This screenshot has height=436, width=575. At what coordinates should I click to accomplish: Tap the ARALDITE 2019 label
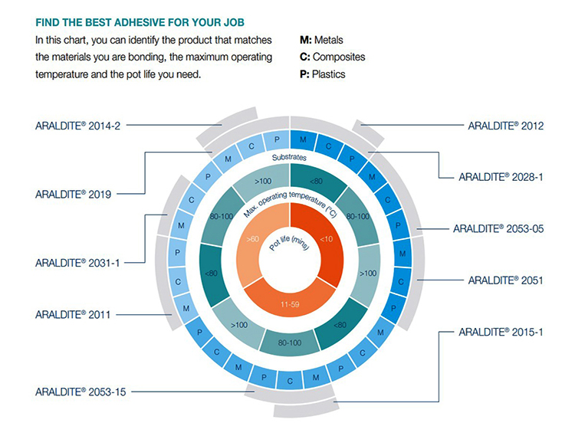coord(74,194)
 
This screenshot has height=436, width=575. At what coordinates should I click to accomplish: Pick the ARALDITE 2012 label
coord(505,126)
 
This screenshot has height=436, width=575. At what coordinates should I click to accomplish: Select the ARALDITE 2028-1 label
coord(501,176)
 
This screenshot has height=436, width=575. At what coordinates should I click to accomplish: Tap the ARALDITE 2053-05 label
coord(498,228)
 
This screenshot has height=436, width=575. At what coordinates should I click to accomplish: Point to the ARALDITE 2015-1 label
coord(501,333)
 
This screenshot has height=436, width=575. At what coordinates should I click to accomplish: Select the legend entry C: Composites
coord(333,57)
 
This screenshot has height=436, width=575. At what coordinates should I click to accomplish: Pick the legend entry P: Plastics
coord(324,74)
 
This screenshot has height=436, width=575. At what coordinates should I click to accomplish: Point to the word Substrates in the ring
coord(287,157)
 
